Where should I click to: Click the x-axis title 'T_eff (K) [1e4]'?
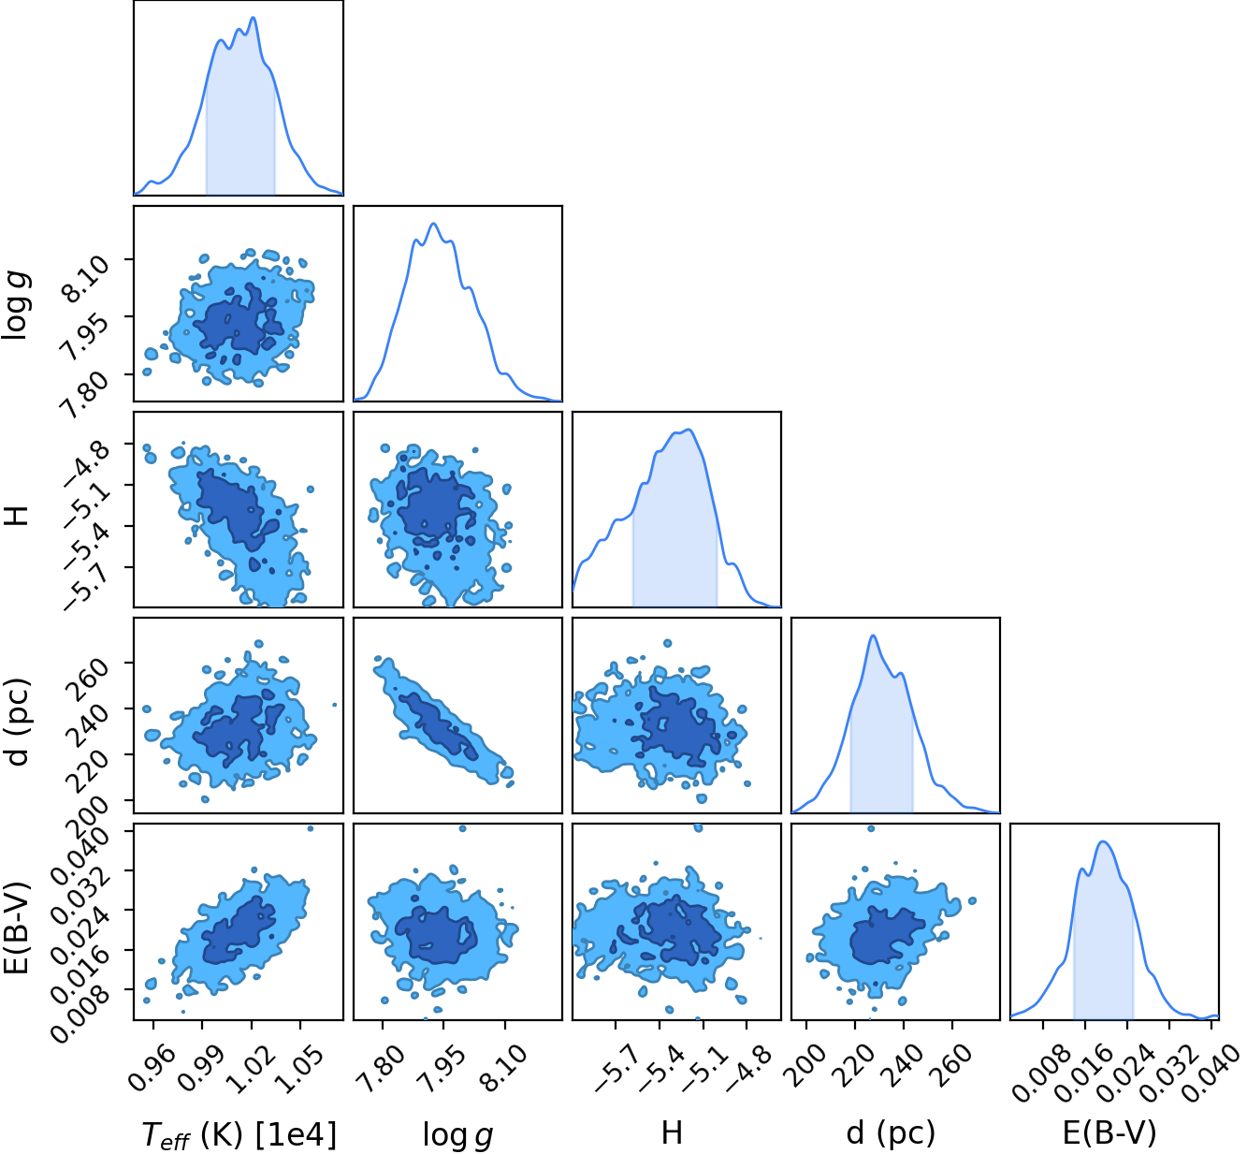(239, 1134)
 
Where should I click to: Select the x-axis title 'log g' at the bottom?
(457, 1134)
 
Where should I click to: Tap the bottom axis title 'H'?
(672, 1132)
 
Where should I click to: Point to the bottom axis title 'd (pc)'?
(891, 1134)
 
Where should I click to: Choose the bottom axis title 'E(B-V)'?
(1109, 1134)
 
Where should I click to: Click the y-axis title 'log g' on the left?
(17, 304)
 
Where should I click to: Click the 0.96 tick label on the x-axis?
(150, 1063)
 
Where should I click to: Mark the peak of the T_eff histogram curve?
(253, 17)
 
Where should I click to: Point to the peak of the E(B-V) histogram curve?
(1103, 841)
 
